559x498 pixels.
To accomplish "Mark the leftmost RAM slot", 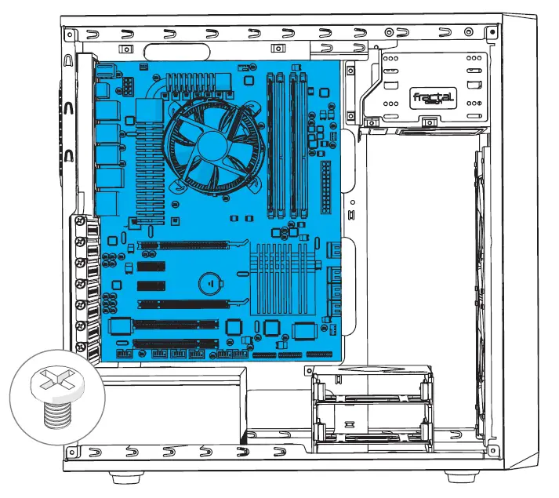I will [x=271, y=145].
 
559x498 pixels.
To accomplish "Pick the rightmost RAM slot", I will [x=304, y=145].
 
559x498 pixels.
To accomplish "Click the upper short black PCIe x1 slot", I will [x=153, y=267].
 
